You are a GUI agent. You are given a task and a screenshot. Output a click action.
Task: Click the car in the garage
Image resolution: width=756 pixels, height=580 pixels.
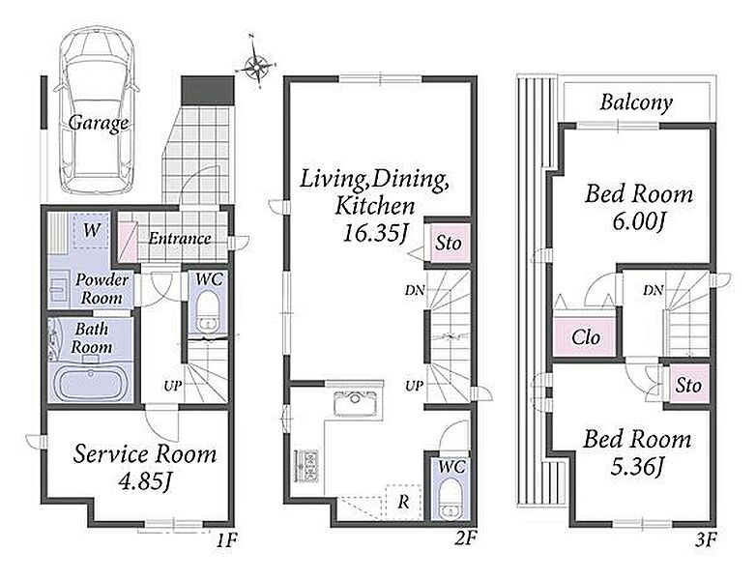point(97,110)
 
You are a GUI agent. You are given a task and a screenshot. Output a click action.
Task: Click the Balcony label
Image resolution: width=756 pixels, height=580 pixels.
point(636,102)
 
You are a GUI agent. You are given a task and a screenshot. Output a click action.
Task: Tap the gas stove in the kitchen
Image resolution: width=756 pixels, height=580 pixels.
point(305,465)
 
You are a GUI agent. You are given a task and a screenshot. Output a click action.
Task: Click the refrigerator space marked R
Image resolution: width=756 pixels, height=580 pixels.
point(403,503)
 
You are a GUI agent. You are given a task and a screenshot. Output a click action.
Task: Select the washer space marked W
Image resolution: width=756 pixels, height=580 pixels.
point(92,230)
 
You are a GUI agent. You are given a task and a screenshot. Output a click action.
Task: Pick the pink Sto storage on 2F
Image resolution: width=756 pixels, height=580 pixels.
point(448,243)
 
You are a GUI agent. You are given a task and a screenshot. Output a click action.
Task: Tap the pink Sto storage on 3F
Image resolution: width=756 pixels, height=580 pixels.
point(688,385)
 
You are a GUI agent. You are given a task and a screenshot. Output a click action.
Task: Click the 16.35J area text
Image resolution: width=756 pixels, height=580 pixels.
point(376,233)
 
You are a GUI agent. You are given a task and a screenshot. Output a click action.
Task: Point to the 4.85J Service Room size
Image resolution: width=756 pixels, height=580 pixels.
point(145,480)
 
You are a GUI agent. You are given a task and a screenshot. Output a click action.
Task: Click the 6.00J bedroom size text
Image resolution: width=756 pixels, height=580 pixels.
point(638,221)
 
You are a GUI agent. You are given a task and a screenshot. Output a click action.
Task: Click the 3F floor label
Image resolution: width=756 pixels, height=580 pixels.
point(706,539)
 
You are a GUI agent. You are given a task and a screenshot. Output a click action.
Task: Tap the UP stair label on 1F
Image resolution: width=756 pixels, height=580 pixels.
point(172,386)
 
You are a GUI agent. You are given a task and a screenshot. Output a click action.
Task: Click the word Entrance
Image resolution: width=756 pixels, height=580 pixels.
point(180,238)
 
